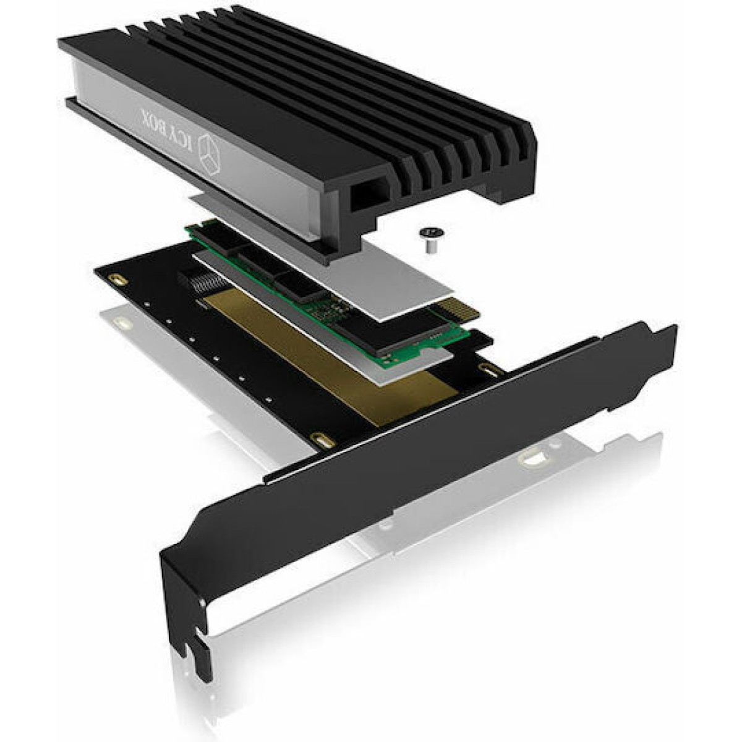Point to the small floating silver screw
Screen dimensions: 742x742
point(425,237)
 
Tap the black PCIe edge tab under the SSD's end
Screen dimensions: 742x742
point(479,339)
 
